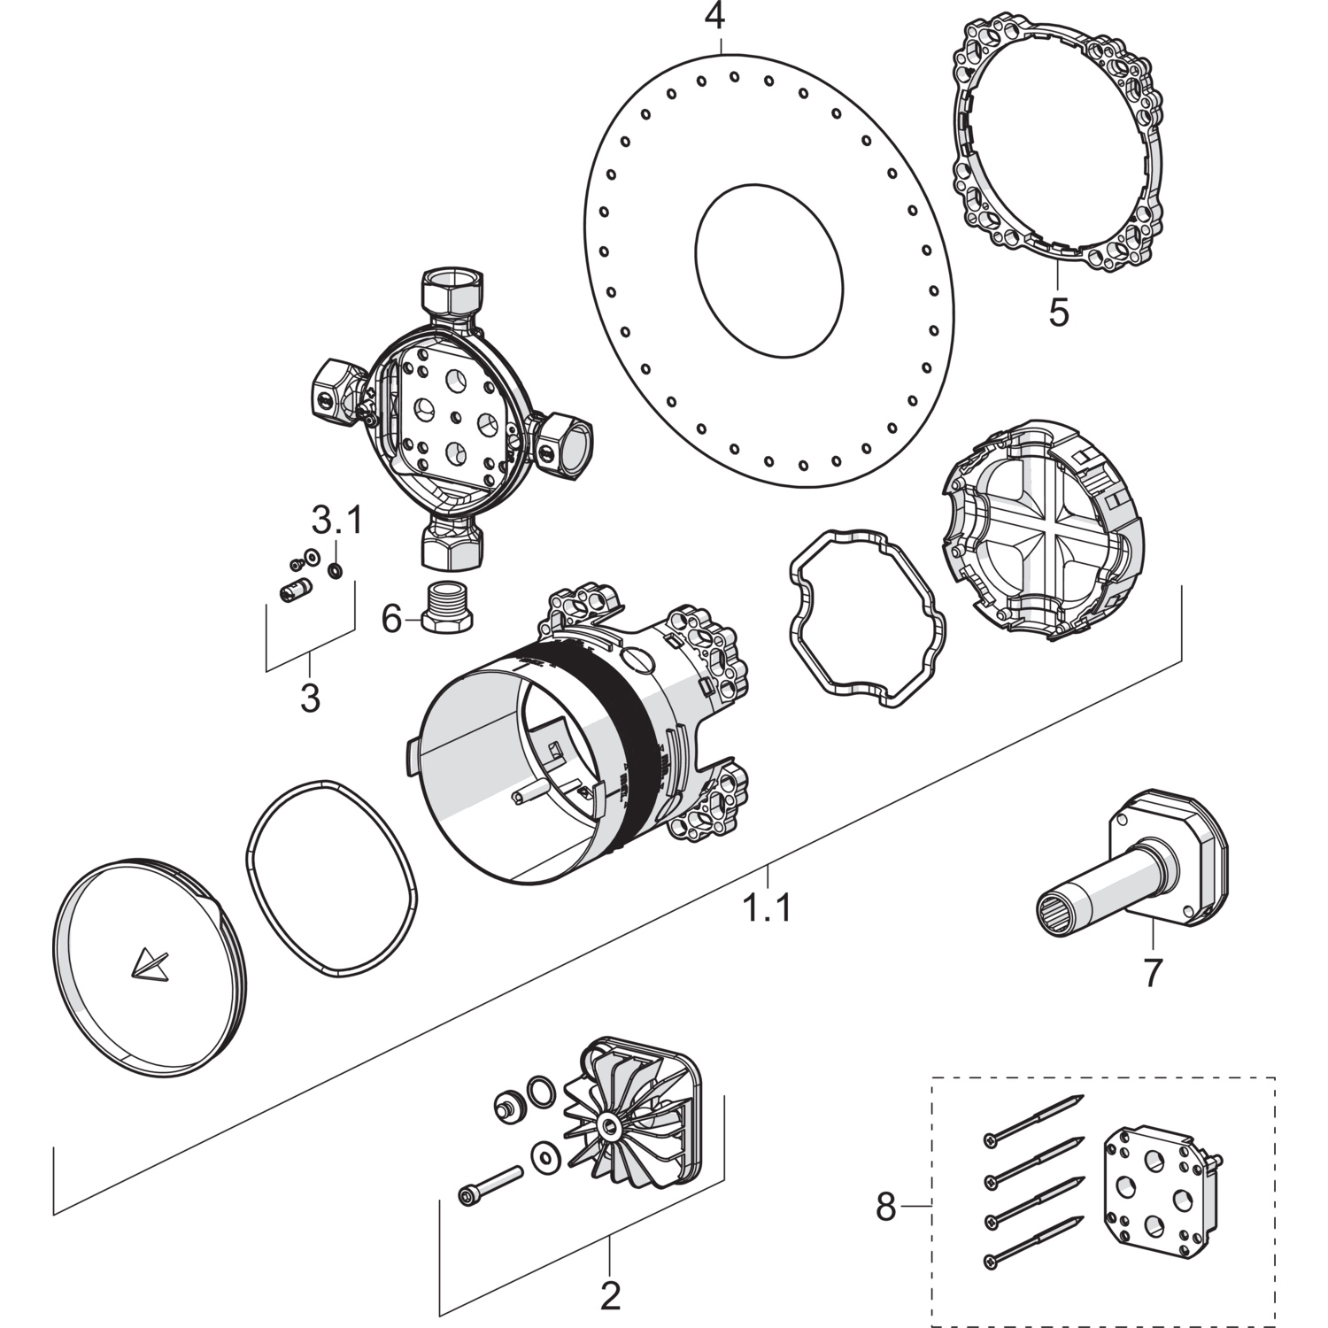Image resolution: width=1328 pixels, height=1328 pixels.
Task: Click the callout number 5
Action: pyautogui.click(x=1058, y=312)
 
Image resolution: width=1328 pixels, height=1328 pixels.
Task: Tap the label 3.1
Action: pyautogui.click(x=336, y=521)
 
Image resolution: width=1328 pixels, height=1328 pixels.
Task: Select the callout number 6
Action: pyautogui.click(x=391, y=619)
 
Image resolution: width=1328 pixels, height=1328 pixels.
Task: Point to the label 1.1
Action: pyautogui.click(x=767, y=907)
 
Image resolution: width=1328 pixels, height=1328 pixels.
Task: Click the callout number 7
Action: pyautogui.click(x=1151, y=972)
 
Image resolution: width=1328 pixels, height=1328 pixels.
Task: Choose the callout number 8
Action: pyautogui.click(x=885, y=1206)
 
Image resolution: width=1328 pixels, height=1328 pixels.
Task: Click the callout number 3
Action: pyautogui.click(x=309, y=698)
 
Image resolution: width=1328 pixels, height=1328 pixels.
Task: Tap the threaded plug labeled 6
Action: pyautogui.click(x=447, y=606)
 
